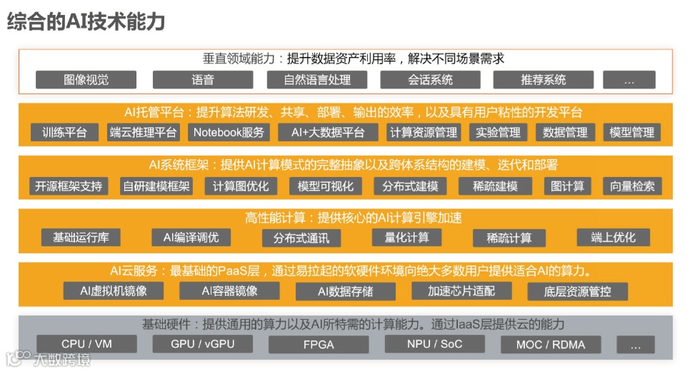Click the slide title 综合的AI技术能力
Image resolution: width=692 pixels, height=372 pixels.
tap(86, 22)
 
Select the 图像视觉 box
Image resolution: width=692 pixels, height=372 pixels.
tap(86, 79)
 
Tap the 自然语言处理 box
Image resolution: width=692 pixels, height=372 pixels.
tap(317, 79)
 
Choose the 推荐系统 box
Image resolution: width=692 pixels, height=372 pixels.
tap(543, 79)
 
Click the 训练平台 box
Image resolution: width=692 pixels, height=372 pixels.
tap(64, 132)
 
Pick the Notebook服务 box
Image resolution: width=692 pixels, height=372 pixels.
tap(229, 132)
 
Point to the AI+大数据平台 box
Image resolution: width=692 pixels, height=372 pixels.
tap(328, 132)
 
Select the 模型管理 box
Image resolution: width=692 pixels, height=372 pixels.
tap(632, 132)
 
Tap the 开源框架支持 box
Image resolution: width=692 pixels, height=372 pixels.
tap(69, 186)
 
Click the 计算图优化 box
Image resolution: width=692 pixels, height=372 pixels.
tap(241, 186)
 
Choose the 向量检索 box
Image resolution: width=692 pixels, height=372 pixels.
tap(632, 186)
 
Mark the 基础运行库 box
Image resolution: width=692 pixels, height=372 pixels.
tap(81, 238)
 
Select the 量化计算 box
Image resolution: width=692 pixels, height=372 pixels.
tap(408, 238)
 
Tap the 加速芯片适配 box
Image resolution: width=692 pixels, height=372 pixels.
tap(461, 291)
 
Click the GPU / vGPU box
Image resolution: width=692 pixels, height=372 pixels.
tap(202, 344)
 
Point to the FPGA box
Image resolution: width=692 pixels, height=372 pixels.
tap(318, 345)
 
